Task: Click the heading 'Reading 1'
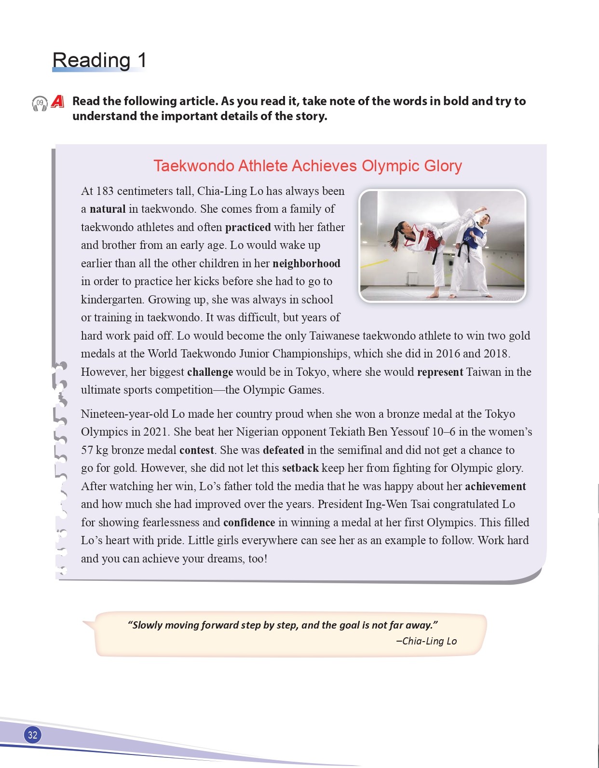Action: coord(99,60)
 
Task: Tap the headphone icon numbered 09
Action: coord(40,103)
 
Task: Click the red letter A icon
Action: coord(57,101)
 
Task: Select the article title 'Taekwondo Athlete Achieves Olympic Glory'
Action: coord(307,166)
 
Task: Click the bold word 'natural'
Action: coord(108,209)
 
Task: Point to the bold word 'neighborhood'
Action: coord(306,263)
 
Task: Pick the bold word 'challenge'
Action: coord(210,372)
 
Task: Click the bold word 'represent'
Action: coord(440,372)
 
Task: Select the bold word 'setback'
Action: coord(300,468)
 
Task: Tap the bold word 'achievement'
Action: coord(495,486)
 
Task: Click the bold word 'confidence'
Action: coord(249,522)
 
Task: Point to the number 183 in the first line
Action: coord(105,191)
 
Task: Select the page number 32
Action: coord(32,735)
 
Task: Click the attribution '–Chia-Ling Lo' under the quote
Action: coord(426,641)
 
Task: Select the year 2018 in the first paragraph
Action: coord(495,354)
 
